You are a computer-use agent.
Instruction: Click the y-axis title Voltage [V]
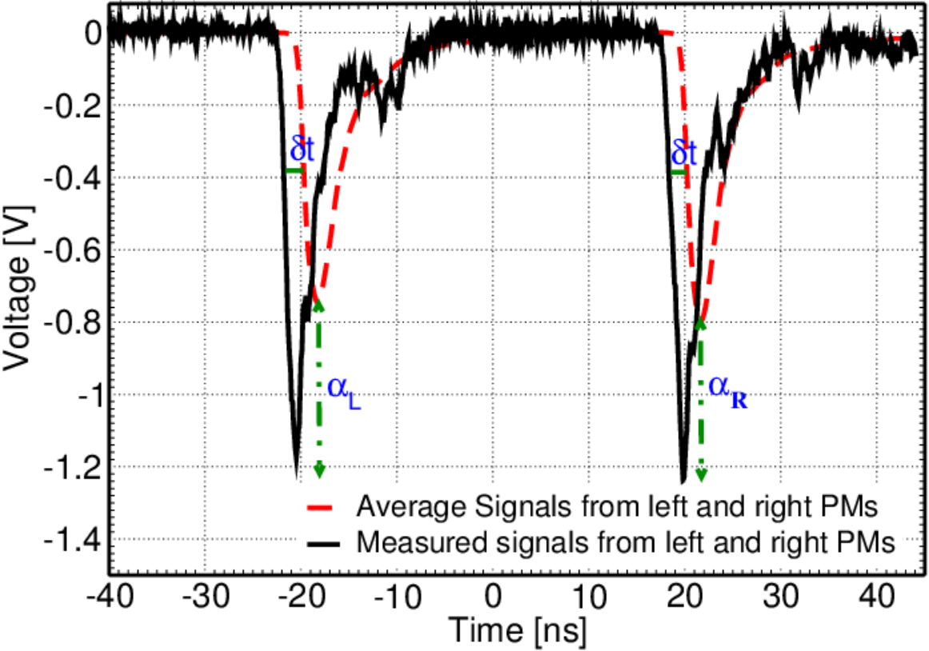click(18, 288)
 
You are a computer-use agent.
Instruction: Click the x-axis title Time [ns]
click(517, 629)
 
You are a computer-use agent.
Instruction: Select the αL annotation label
click(344, 391)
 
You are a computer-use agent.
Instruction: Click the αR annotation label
click(728, 391)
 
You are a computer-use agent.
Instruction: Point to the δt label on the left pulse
click(301, 150)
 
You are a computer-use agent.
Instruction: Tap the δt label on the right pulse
click(684, 153)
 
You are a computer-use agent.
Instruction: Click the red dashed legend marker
click(321, 508)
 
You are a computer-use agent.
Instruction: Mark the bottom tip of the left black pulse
click(297, 478)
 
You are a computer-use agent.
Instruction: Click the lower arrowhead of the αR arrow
click(701, 474)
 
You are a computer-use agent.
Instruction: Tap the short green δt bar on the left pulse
click(294, 171)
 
